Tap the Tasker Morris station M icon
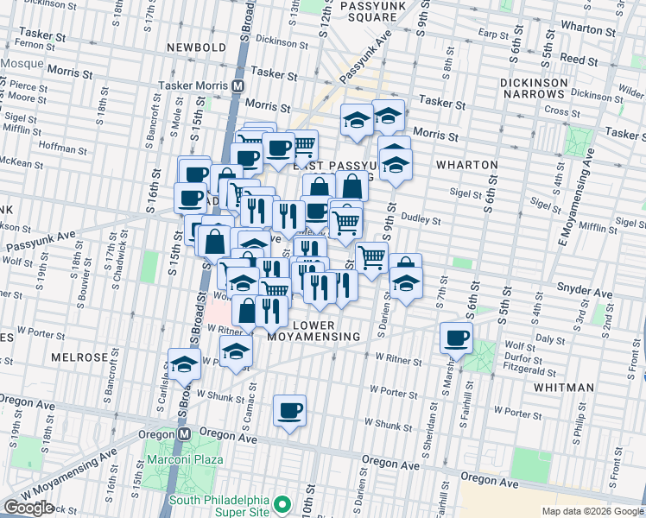pyautogui.click(x=237, y=86)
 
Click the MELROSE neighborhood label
pyautogui.click(x=79, y=357)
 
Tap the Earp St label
pyautogui.click(x=496, y=35)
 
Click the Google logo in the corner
pyautogui.click(x=28, y=508)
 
